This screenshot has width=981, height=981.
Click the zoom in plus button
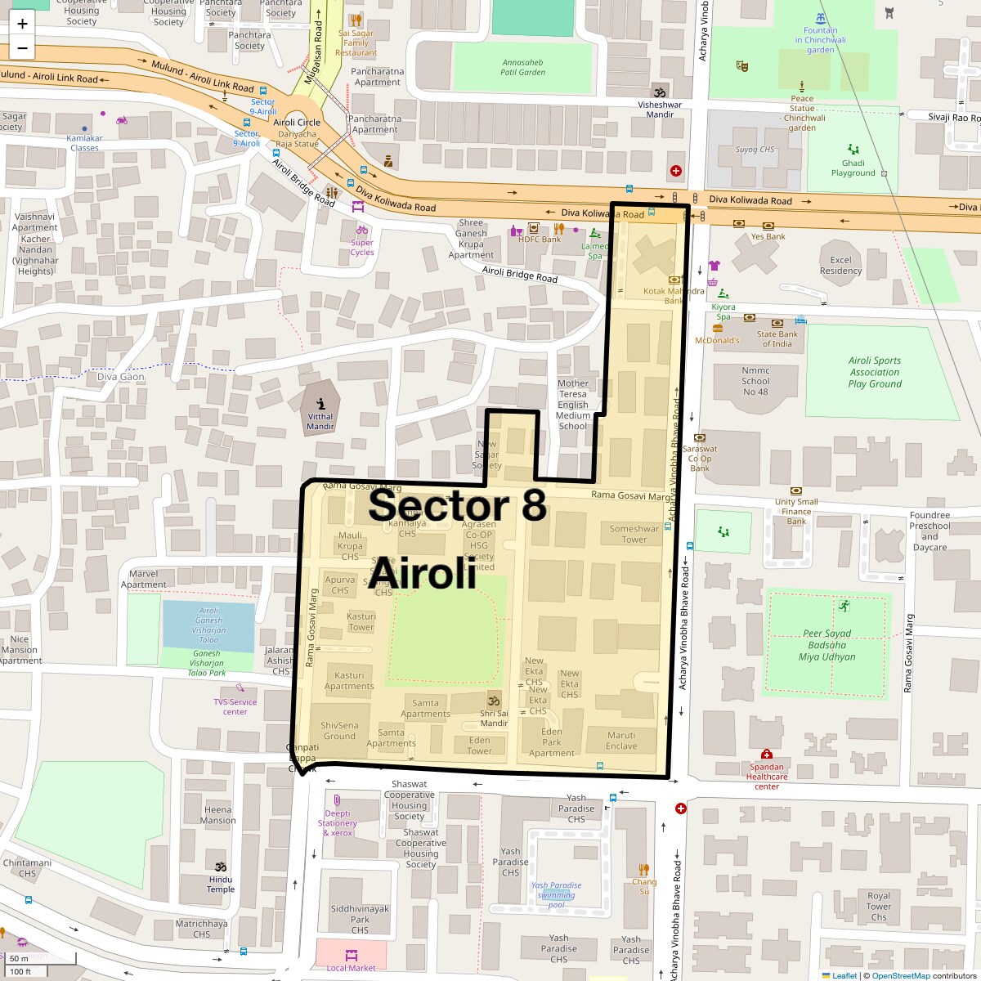[22, 24]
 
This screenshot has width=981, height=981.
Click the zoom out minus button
[22, 48]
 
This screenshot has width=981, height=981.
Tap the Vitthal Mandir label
[320, 421]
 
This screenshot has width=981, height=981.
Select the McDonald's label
[717, 340]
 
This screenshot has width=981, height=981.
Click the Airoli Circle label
[297, 123]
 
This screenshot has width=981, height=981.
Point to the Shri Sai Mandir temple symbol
[494, 701]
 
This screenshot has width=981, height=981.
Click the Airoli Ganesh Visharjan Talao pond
[208, 625]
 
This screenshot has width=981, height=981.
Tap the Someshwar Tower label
[634, 534]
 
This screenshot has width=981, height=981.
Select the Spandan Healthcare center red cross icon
[766, 754]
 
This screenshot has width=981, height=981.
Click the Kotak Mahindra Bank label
[673, 295]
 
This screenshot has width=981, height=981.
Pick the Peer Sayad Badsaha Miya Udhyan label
[826, 645]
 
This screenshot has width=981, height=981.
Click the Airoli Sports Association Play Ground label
[874, 372]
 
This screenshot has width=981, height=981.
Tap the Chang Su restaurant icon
[644, 870]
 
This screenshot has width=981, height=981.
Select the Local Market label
[351, 968]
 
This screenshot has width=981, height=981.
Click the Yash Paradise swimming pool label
[556, 894]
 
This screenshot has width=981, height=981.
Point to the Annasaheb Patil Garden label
[522, 67]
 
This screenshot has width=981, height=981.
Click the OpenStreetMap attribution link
[900, 975]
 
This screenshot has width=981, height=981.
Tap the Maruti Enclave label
[621, 741]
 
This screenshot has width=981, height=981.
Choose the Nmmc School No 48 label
[755, 381]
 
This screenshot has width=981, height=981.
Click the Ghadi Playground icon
[853, 150]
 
